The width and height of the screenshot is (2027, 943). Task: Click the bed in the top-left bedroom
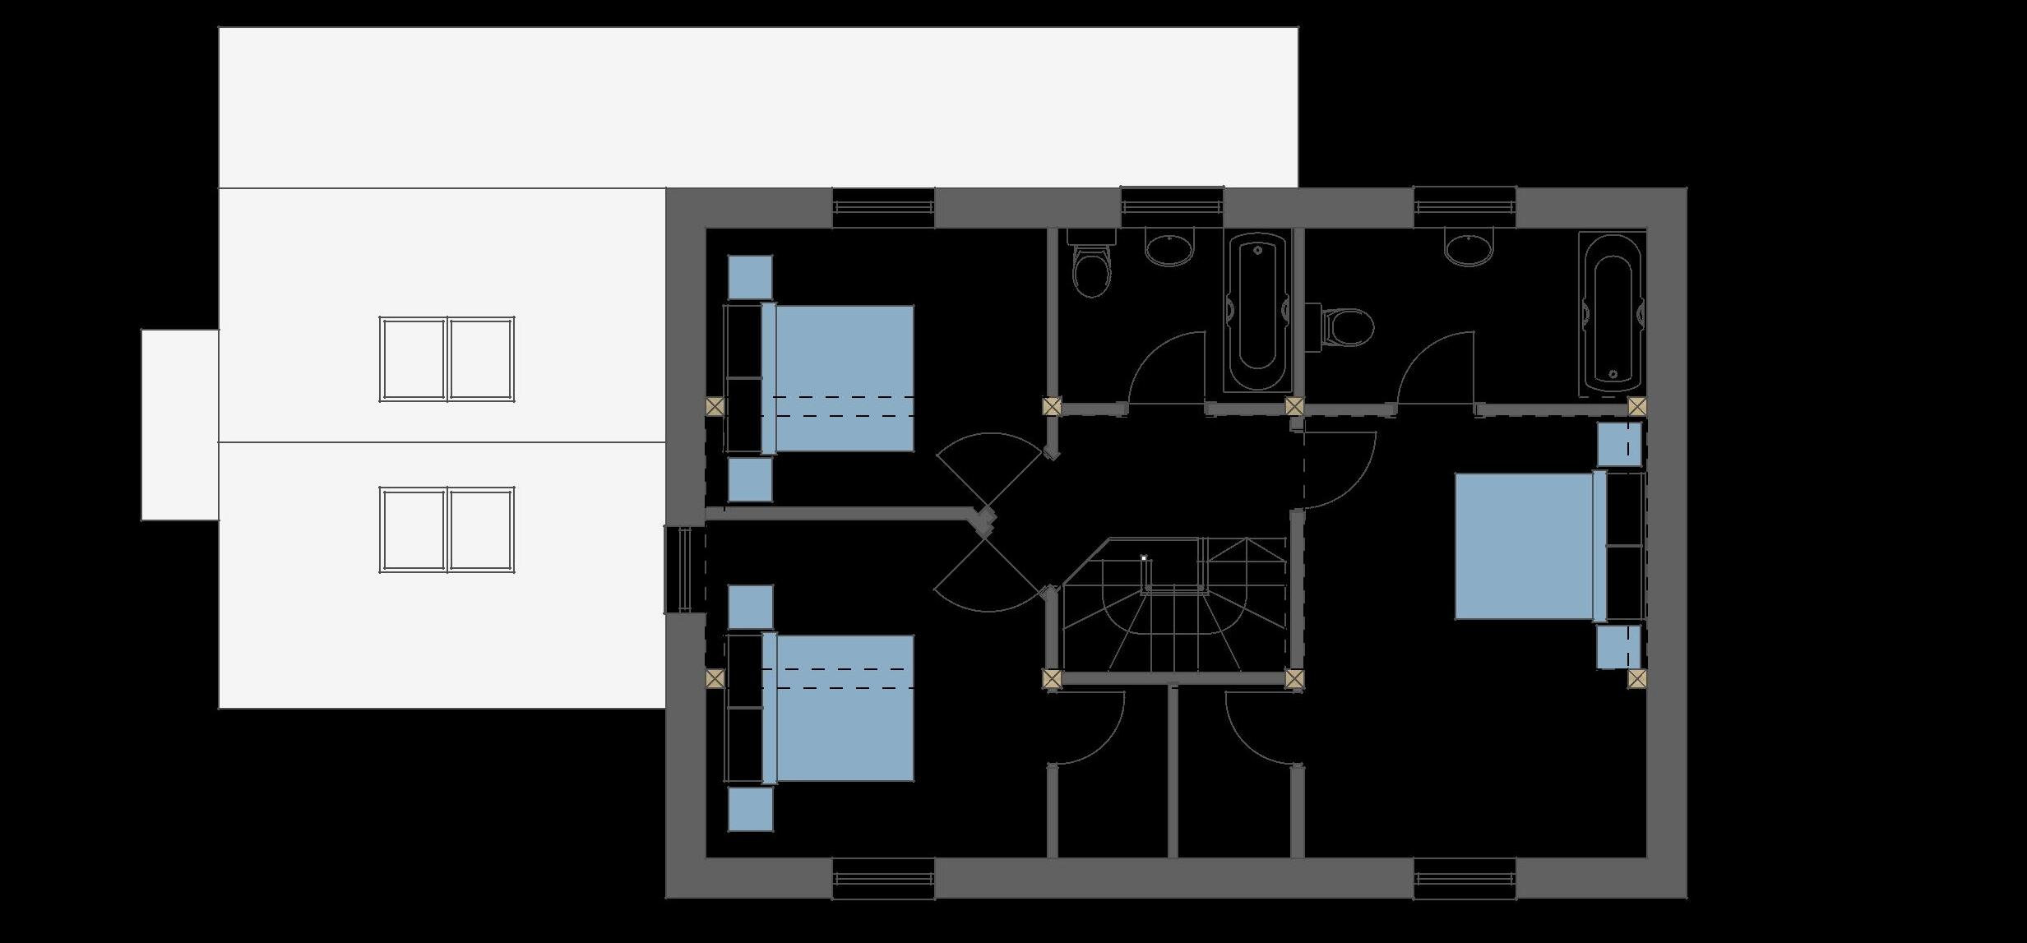click(839, 378)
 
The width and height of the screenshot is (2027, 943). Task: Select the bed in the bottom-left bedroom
click(839, 708)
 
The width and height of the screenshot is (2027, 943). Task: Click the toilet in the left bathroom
click(1092, 267)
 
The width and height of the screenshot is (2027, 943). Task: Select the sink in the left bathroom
click(1169, 248)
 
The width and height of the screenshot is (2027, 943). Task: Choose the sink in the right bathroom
click(1469, 248)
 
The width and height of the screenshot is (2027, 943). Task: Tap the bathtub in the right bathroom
click(1612, 312)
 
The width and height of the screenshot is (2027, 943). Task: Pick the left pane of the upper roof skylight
click(413, 359)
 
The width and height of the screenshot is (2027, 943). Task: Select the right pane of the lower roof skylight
click(481, 529)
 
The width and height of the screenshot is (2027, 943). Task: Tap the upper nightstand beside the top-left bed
click(751, 277)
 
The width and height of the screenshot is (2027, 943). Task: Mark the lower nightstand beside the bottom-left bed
click(751, 809)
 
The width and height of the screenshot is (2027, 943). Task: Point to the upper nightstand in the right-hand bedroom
click(1618, 444)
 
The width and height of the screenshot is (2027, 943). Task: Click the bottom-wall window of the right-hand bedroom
click(1465, 878)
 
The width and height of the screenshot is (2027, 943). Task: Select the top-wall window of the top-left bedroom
click(883, 208)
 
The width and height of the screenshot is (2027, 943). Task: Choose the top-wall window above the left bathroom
click(1172, 206)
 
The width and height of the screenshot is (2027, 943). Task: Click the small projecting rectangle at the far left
click(180, 424)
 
